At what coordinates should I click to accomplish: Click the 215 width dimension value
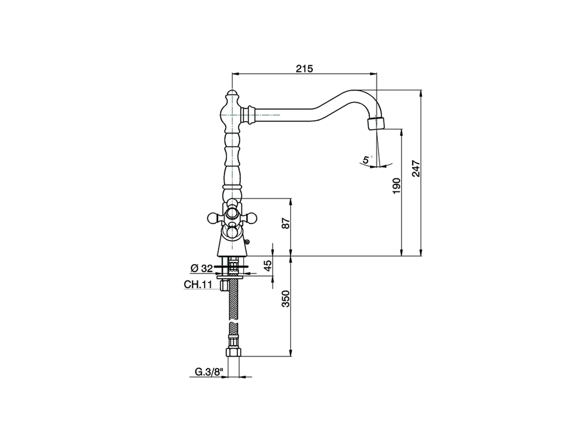pos(304,69)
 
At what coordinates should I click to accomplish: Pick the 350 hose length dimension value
pos(286,299)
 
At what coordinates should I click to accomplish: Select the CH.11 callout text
pos(198,285)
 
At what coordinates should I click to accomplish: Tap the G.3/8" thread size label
pos(209,372)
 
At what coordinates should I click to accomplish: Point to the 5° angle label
pos(366,160)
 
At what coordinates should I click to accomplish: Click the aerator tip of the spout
pos(375,123)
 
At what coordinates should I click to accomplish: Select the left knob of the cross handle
pos(213,218)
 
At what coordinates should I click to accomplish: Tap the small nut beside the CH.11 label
pos(223,285)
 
